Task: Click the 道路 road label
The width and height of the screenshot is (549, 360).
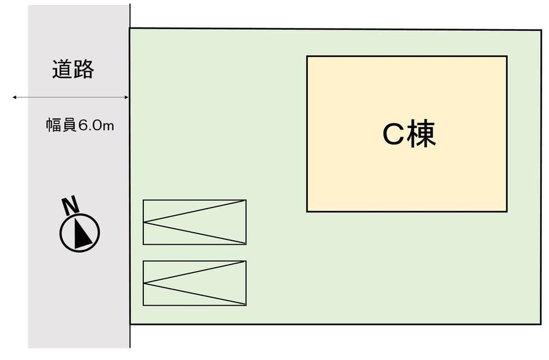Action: [73, 69]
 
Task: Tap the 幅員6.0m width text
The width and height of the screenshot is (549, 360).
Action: [80, 125]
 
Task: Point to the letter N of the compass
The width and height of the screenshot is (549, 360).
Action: [70, 206]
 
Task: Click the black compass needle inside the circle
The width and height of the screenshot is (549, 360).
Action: [82, 232]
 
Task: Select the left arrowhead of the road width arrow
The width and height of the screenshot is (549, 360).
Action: [15, 97]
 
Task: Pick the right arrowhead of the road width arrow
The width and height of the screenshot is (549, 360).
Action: [127, 97]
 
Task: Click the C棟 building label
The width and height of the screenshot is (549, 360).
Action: [409, 134]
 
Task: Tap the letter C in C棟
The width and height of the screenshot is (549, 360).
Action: [394, 134]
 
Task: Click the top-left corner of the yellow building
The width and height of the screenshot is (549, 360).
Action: [307, 56]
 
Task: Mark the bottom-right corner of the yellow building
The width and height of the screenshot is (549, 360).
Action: [507, 211]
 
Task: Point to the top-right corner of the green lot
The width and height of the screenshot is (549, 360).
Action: [541, 30]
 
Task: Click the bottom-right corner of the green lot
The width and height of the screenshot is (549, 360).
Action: [541, 324]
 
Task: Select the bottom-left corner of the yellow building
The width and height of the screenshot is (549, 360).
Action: [307, 211]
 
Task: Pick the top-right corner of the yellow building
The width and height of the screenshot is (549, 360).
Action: [507, 57]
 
